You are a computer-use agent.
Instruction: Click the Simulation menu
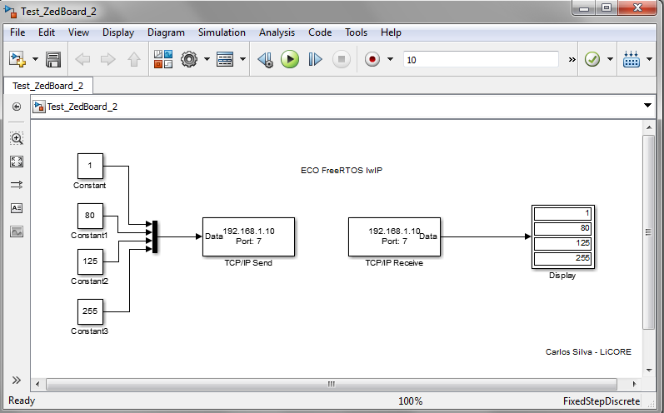(222, 32)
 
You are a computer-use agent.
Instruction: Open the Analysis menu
(277, 32)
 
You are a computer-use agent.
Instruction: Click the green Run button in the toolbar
(289, 59)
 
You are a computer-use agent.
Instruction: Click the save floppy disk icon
(53, 59)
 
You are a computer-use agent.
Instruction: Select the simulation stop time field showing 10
(481, 59)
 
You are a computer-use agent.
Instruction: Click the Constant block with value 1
(90, 166)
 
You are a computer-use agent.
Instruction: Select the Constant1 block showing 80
(90, 216)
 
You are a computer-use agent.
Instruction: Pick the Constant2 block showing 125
(90, 261)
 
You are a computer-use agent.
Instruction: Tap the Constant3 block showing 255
(90, 311)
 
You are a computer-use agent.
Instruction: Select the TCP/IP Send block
(248, 236)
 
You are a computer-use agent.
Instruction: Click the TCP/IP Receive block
(394, 236)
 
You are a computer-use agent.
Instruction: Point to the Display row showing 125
(563, 243)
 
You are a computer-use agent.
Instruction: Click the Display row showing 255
(563, 258)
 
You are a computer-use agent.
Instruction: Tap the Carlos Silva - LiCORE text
(587, 352)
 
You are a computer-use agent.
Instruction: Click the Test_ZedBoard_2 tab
(47, 86)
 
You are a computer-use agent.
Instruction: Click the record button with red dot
(372, 59)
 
